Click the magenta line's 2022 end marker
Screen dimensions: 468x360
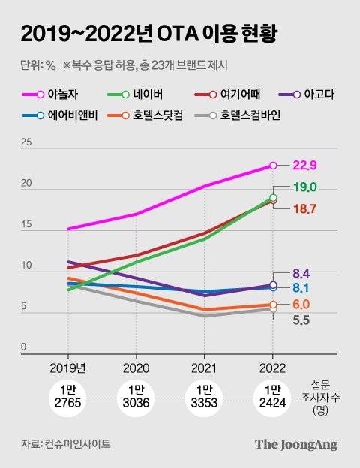click(x=273, y=166)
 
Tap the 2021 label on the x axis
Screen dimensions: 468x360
click(x=204, y=367)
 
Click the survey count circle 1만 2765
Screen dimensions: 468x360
click(x=68, y=397)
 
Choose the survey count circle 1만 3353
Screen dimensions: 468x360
click(x=204, y=397)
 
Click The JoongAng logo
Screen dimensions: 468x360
click(x=295, y=444)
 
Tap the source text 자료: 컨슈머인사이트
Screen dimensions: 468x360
click(x=65, y=445)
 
